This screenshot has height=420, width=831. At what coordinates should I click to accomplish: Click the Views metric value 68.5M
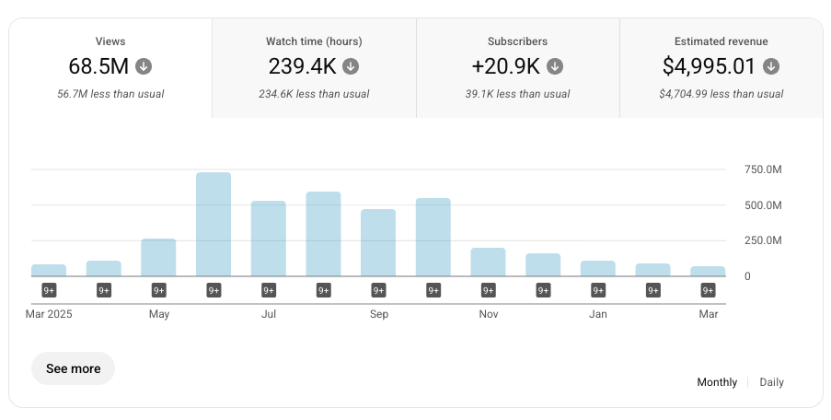pos(99,66)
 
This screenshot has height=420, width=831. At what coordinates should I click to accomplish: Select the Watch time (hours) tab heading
pos(314,41)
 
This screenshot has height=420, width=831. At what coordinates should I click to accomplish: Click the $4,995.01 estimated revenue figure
pos(709,66)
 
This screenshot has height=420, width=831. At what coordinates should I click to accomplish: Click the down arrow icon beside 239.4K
pos(352,66)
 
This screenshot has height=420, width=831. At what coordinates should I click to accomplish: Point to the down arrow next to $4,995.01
pos(771,66)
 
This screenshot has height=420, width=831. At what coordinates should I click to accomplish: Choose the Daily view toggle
pos(771,382)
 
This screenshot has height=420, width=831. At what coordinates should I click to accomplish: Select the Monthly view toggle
pos(717,382)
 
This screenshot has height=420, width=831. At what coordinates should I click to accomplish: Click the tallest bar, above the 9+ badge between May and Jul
pos(214,224)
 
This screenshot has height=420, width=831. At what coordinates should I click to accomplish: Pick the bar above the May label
pos(158,257)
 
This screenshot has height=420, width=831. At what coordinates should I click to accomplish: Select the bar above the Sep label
pos(378,242)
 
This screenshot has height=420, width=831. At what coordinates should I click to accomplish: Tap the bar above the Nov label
pos(488,262)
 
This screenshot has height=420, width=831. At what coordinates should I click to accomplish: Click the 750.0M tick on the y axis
pos(763,169)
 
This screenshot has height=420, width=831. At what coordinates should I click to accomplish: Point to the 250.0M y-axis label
pos(763,240)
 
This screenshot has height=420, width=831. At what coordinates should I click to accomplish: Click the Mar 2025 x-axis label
pos(48,314)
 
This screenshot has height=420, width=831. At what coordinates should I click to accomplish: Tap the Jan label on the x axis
pos(598,314)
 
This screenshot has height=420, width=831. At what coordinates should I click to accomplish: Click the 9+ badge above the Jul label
pos(269,290)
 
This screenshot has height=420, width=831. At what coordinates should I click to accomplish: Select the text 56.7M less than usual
pos(110,94)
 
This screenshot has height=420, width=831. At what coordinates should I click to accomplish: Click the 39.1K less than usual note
pos(518,94)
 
